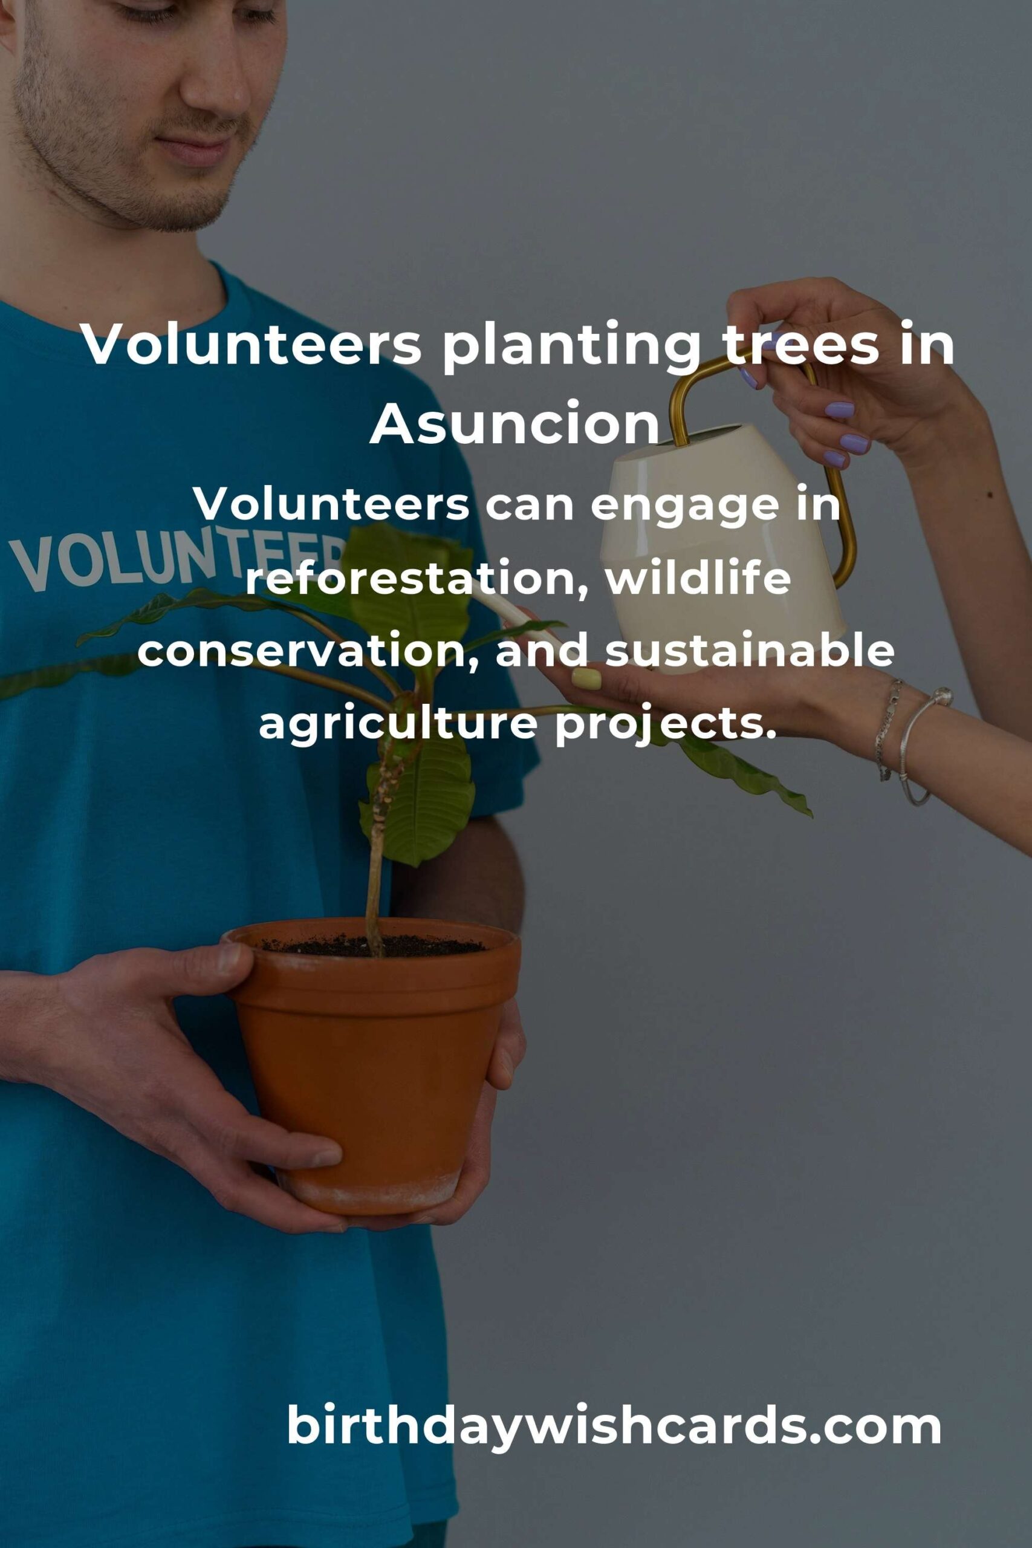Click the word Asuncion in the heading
(514, 423)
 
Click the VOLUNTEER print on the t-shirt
(178, 559)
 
